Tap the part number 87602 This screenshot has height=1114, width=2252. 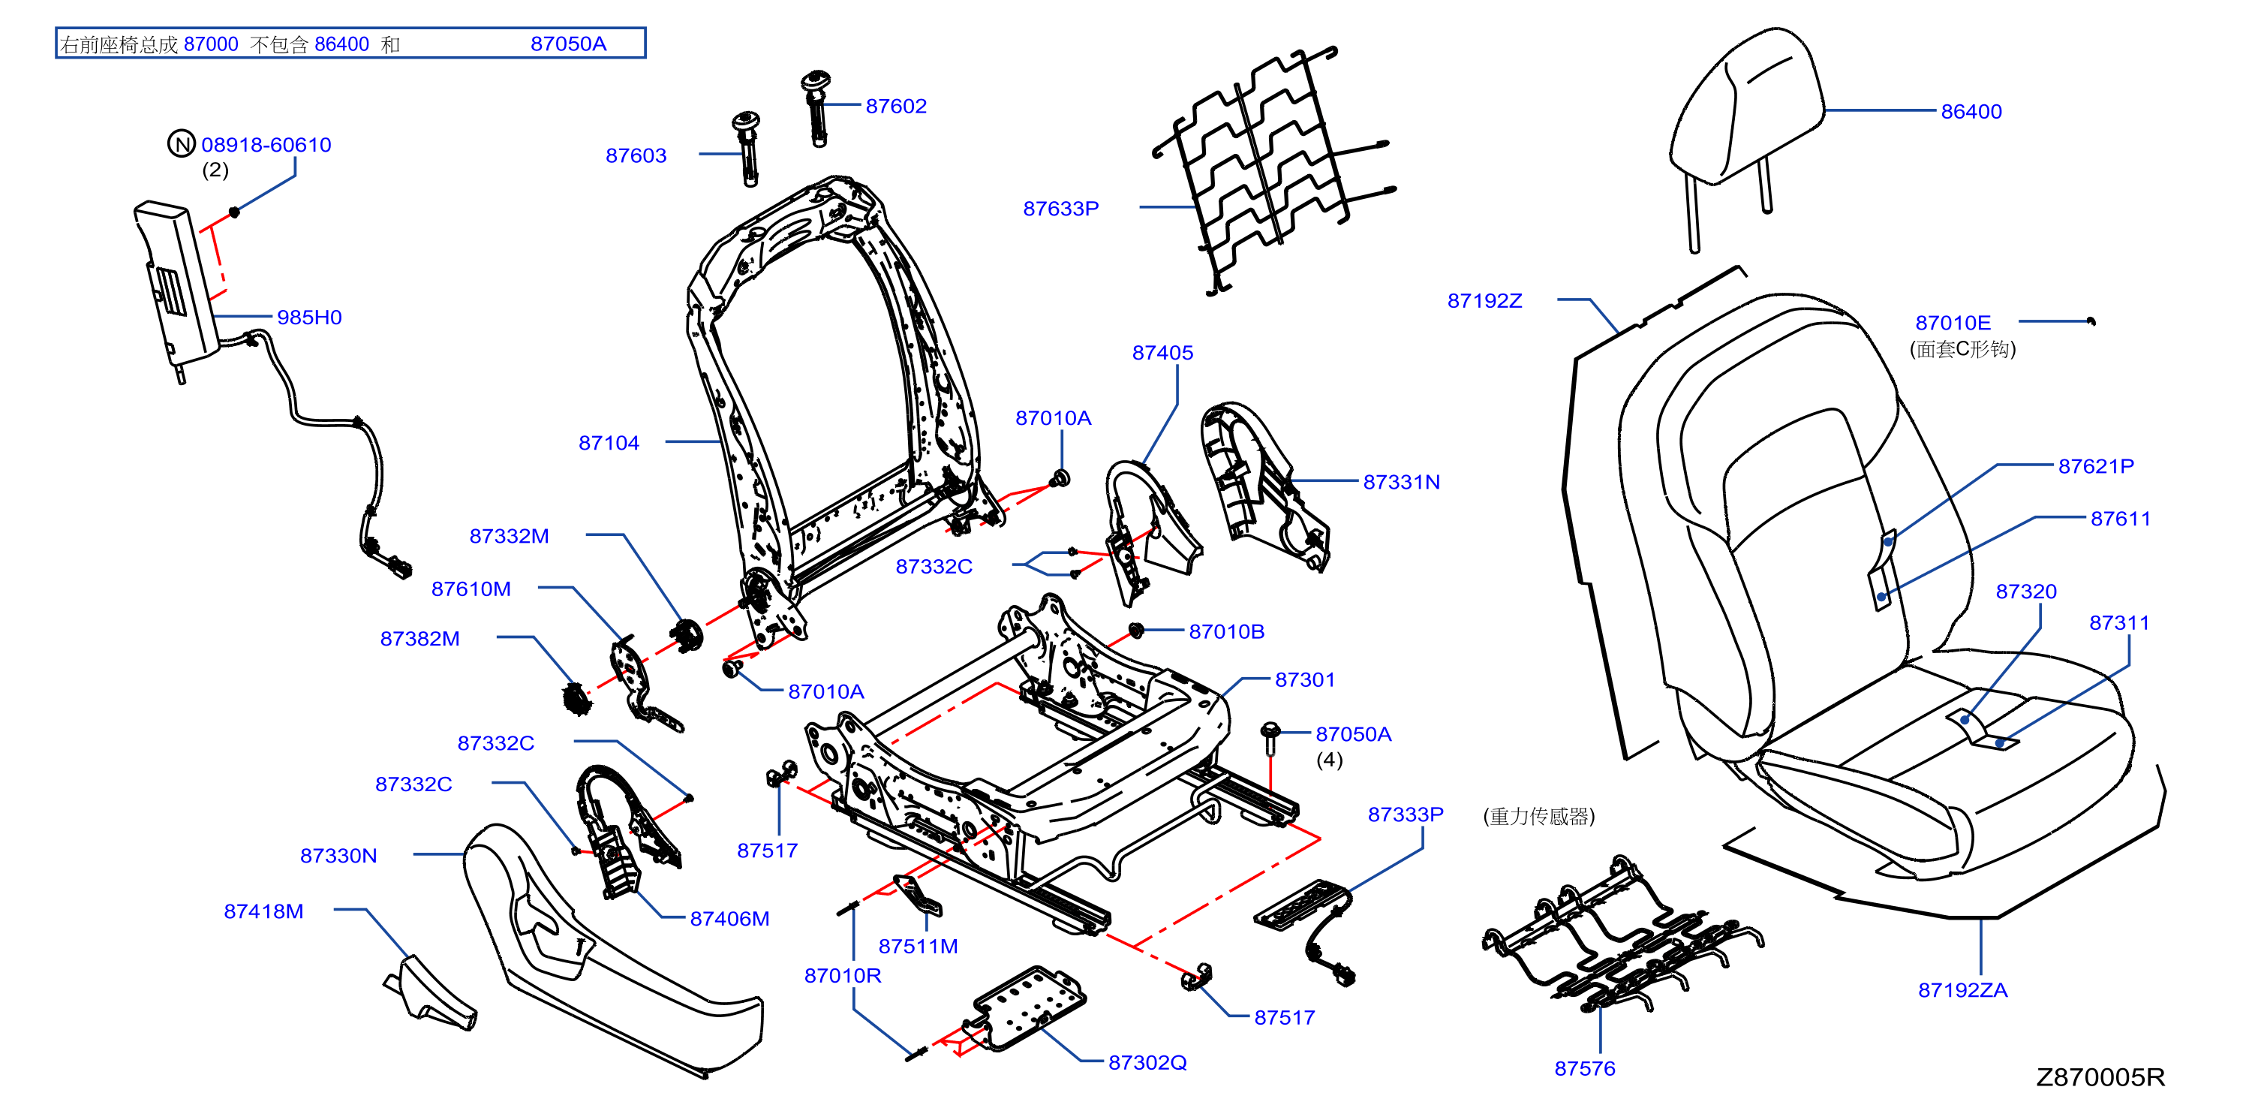(x=896, y=107)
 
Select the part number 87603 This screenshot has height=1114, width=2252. (x=636, y=155)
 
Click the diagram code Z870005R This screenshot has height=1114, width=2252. (x=2100, y=1076)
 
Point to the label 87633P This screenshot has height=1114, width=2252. (x=1060, y=209)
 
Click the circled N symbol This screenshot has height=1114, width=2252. (x=181, y=143)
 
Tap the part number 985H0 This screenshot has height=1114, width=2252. (x=309, y=318)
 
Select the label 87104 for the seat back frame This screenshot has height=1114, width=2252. (x=609, y=444)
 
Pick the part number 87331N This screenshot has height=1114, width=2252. (x=1401, y=482)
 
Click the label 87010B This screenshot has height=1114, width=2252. (x=1226, y=631)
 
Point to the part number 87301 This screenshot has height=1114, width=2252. (x=1305, y=679)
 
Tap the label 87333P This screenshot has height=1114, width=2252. (x=1406, y=814)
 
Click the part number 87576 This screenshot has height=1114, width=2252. (x=1585, y=1068)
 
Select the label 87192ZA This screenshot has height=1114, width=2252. (x=1962, y=990)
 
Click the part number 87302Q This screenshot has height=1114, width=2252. (x=1148, y=1062)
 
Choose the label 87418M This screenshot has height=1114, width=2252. (x=264, y=911)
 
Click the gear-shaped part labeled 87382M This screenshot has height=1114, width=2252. (x=577, y=698)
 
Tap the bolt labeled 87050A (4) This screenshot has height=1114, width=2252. (x=1270, y=736)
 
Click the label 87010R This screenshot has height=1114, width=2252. (x=843, y=976)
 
